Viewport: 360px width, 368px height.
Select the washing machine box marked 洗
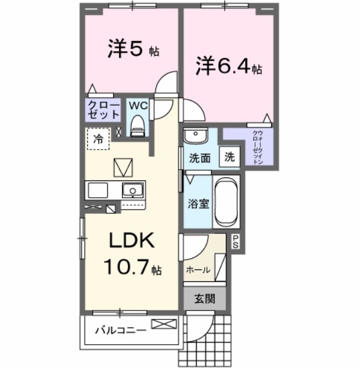pos(230,158)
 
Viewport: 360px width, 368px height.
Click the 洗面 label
pos(200,158)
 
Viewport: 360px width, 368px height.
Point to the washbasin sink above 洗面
pos(194,137)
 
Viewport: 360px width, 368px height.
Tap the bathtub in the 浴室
pos(225,202)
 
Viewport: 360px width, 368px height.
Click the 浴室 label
pos(198,204)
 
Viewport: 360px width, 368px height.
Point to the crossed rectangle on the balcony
pos(164,324)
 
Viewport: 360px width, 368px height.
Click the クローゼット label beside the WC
pos(104,110)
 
